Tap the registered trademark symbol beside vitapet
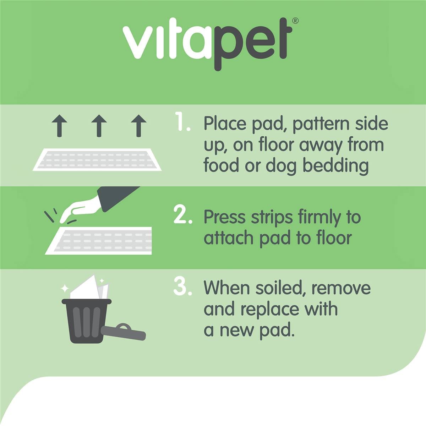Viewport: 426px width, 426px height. (295, 21)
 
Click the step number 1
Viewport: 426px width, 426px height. (182, 122)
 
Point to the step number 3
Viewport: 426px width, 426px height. (182, 287)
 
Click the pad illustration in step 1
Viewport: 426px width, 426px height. (97, 159)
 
